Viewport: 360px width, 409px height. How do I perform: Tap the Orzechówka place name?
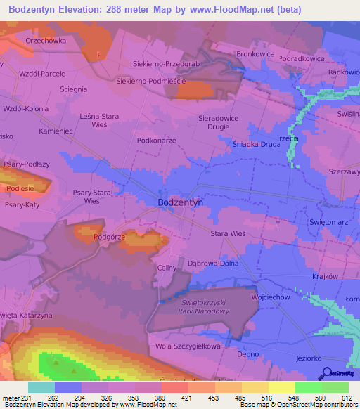click(x=46, y=41)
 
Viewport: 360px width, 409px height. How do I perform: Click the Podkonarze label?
click(x=155, y=140)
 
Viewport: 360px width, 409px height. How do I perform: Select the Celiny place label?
click(x=166, y=268)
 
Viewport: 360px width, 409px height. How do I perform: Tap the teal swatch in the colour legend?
click(x=41, y=387)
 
